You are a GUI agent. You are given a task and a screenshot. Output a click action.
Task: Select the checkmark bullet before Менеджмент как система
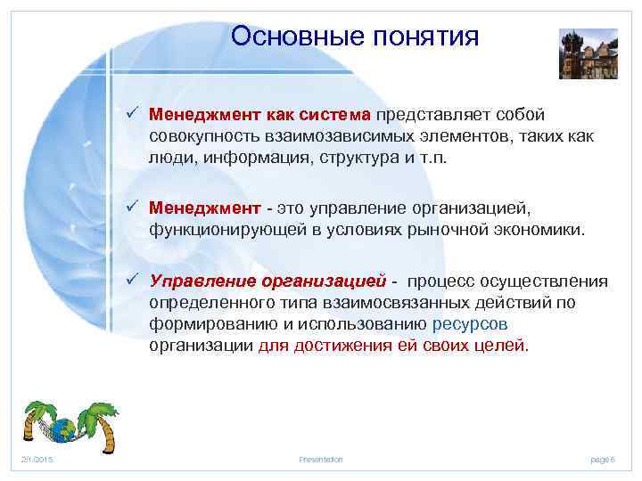[x=131, y=115]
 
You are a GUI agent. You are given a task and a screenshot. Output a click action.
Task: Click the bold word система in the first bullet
[x=335, y=115]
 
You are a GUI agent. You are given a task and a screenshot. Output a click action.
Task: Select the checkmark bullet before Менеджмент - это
[x=131, y=208]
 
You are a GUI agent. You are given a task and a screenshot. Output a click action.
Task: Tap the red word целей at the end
[x=504, y=346]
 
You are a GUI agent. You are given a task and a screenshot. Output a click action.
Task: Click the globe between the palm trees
[x=63, y=428]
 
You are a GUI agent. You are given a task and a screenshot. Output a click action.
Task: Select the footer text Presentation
[x=321, y=459]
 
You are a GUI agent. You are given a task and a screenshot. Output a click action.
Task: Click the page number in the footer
[x=603, y=459]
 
